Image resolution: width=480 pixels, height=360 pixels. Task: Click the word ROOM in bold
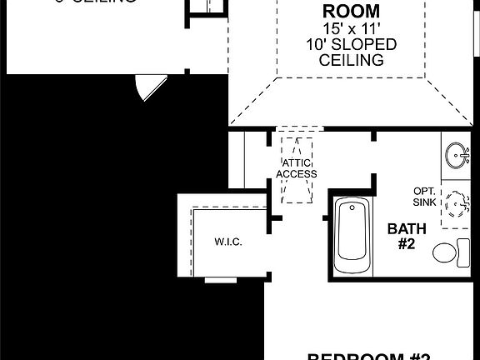point(339,12)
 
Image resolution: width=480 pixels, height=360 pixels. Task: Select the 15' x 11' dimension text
point(339,28)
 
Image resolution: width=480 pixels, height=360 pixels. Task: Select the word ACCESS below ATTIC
point(297,173)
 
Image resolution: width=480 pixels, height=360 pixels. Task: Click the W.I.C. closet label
point(227,242)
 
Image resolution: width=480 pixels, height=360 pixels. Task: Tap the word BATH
point(407,229)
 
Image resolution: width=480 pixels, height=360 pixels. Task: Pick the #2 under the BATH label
point(407,244)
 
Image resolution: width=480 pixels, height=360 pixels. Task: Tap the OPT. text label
point(423,191)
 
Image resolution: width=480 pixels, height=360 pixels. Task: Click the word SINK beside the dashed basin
point(423,202)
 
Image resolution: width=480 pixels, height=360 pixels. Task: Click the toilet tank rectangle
point(462,251)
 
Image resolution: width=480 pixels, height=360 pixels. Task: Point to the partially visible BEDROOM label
point(367,356)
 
